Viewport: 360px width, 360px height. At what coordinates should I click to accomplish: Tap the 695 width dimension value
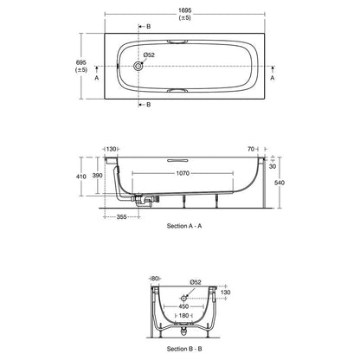click(80, 64)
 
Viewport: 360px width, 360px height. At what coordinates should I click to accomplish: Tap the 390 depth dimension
click(97, 176)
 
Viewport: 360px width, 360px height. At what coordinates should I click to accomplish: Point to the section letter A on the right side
click(273, 76)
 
